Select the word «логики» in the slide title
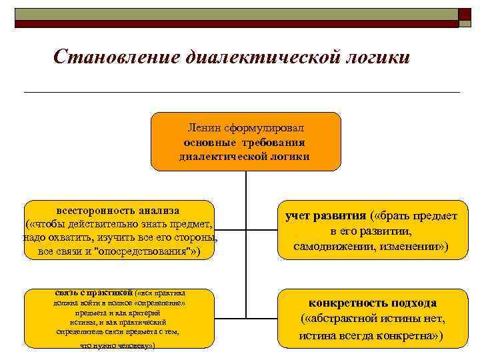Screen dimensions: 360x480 tap(377, 57)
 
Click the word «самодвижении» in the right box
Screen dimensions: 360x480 tap(331, 247)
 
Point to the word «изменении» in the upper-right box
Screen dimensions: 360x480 tap(415, 247)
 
